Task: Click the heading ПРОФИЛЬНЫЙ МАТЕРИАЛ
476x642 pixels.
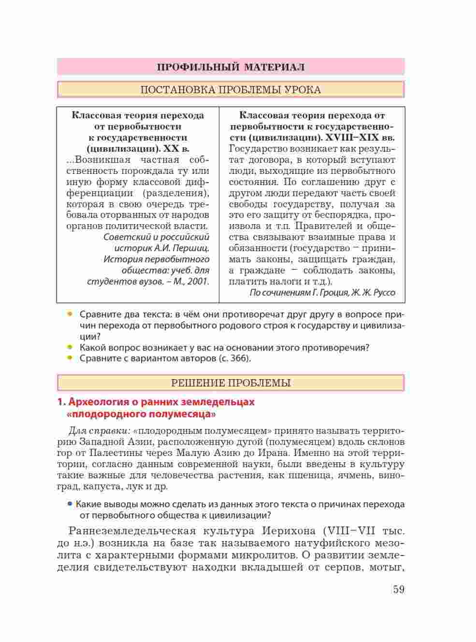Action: (231, 67)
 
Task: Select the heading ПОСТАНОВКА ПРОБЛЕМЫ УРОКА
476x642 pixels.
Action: (231, 90)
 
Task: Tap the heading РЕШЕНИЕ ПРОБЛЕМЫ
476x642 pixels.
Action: (231, 384)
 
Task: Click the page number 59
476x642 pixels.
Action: (399, 590)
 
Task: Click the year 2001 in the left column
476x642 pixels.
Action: (198, 281)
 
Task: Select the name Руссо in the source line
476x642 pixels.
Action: (384, 293)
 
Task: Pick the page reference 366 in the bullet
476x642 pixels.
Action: (240, 358)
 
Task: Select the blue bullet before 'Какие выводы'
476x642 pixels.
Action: (70, 504)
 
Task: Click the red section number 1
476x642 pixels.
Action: (60, 402)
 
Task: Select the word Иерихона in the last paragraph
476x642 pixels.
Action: (288, 531)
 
